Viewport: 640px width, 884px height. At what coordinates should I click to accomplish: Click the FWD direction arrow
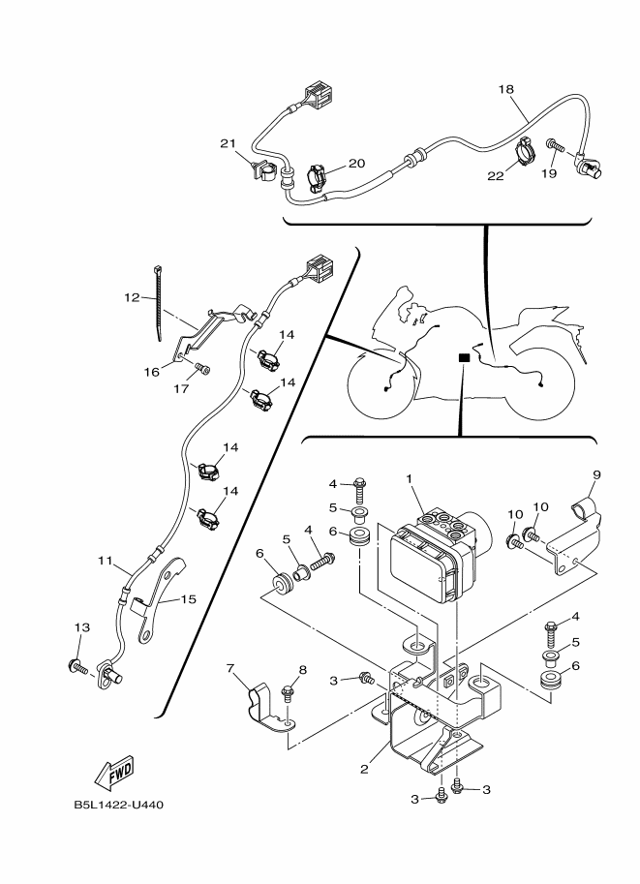coord(114,772)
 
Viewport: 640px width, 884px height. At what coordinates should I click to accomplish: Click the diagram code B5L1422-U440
coord(119,805)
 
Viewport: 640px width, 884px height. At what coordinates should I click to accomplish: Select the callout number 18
coord(506,89)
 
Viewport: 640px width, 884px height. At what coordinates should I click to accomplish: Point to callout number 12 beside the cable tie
coord(132,297)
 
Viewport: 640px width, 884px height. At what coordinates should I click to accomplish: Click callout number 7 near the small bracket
coord(229,668)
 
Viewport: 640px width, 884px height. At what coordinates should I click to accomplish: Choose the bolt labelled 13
coord(77,666)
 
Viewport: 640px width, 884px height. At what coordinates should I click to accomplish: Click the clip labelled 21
coord(261,169)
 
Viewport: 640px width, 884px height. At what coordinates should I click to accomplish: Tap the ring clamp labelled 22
coord(524,152)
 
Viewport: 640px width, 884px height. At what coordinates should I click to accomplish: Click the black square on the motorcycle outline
coord(464,357)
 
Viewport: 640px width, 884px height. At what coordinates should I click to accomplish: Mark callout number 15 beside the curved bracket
coord(189,598)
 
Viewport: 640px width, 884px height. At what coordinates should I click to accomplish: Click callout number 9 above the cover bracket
coord(596,474)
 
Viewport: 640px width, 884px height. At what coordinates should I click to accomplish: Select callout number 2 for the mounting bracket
coord(364,769)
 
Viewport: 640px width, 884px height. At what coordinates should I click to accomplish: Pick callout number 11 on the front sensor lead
coord(105,561)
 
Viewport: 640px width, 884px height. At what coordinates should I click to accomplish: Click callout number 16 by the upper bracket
coord(152,372)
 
